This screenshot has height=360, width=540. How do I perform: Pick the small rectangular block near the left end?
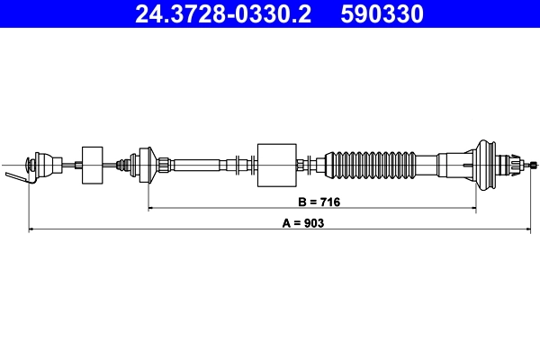click(92, 164)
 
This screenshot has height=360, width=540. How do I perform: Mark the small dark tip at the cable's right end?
click(535, 164)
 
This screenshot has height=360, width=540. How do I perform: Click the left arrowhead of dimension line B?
click(151, 208)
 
